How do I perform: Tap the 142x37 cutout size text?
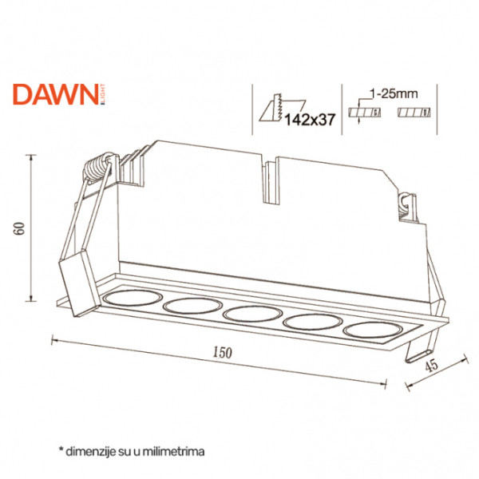click(x=310, y=120)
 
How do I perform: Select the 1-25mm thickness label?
click(x=394, y=93)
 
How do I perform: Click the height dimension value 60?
click(x=19, y=228)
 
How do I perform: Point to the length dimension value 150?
click(x=223, y=353)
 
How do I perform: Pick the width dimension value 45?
click(x=432, y=366)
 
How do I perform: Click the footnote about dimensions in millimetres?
click(x=132, y=452)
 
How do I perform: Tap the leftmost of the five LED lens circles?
click(x=133, y=298)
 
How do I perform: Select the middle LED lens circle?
click(x=252, y=314)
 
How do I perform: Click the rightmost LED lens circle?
click(x=372, y=330)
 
